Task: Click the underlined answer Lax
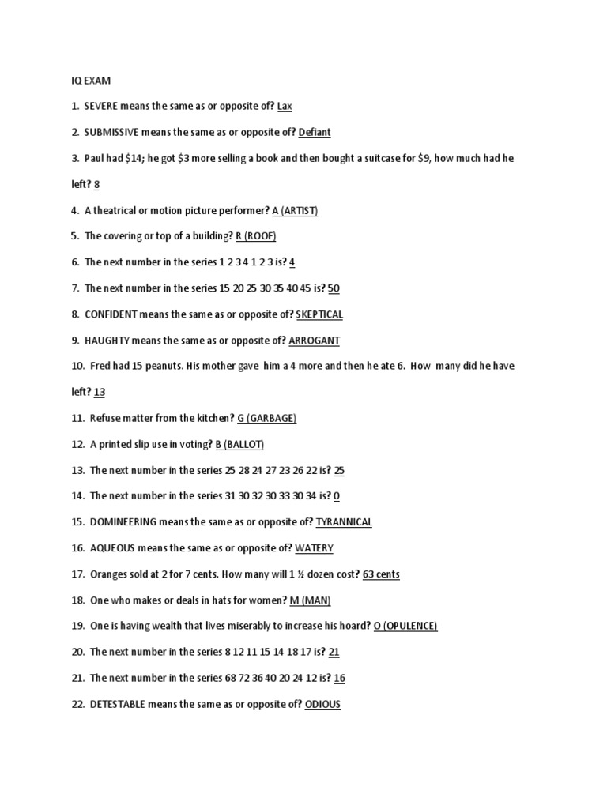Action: [285, 107]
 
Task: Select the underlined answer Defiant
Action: [315, 133]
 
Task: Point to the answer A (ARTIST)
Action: [295, 211]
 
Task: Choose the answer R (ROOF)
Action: [256, 236]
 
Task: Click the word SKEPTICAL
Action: [319, 314]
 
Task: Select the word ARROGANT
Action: [314, 341]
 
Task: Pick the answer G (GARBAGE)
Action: [267, 419]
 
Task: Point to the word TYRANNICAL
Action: [344, 522]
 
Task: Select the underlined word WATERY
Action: [314, 548]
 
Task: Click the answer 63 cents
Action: [381, 574]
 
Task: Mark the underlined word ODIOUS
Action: [322, 704]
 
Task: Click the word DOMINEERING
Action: [123, 522]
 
